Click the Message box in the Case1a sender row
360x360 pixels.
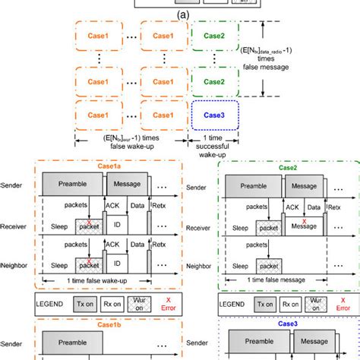click(127, 185)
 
